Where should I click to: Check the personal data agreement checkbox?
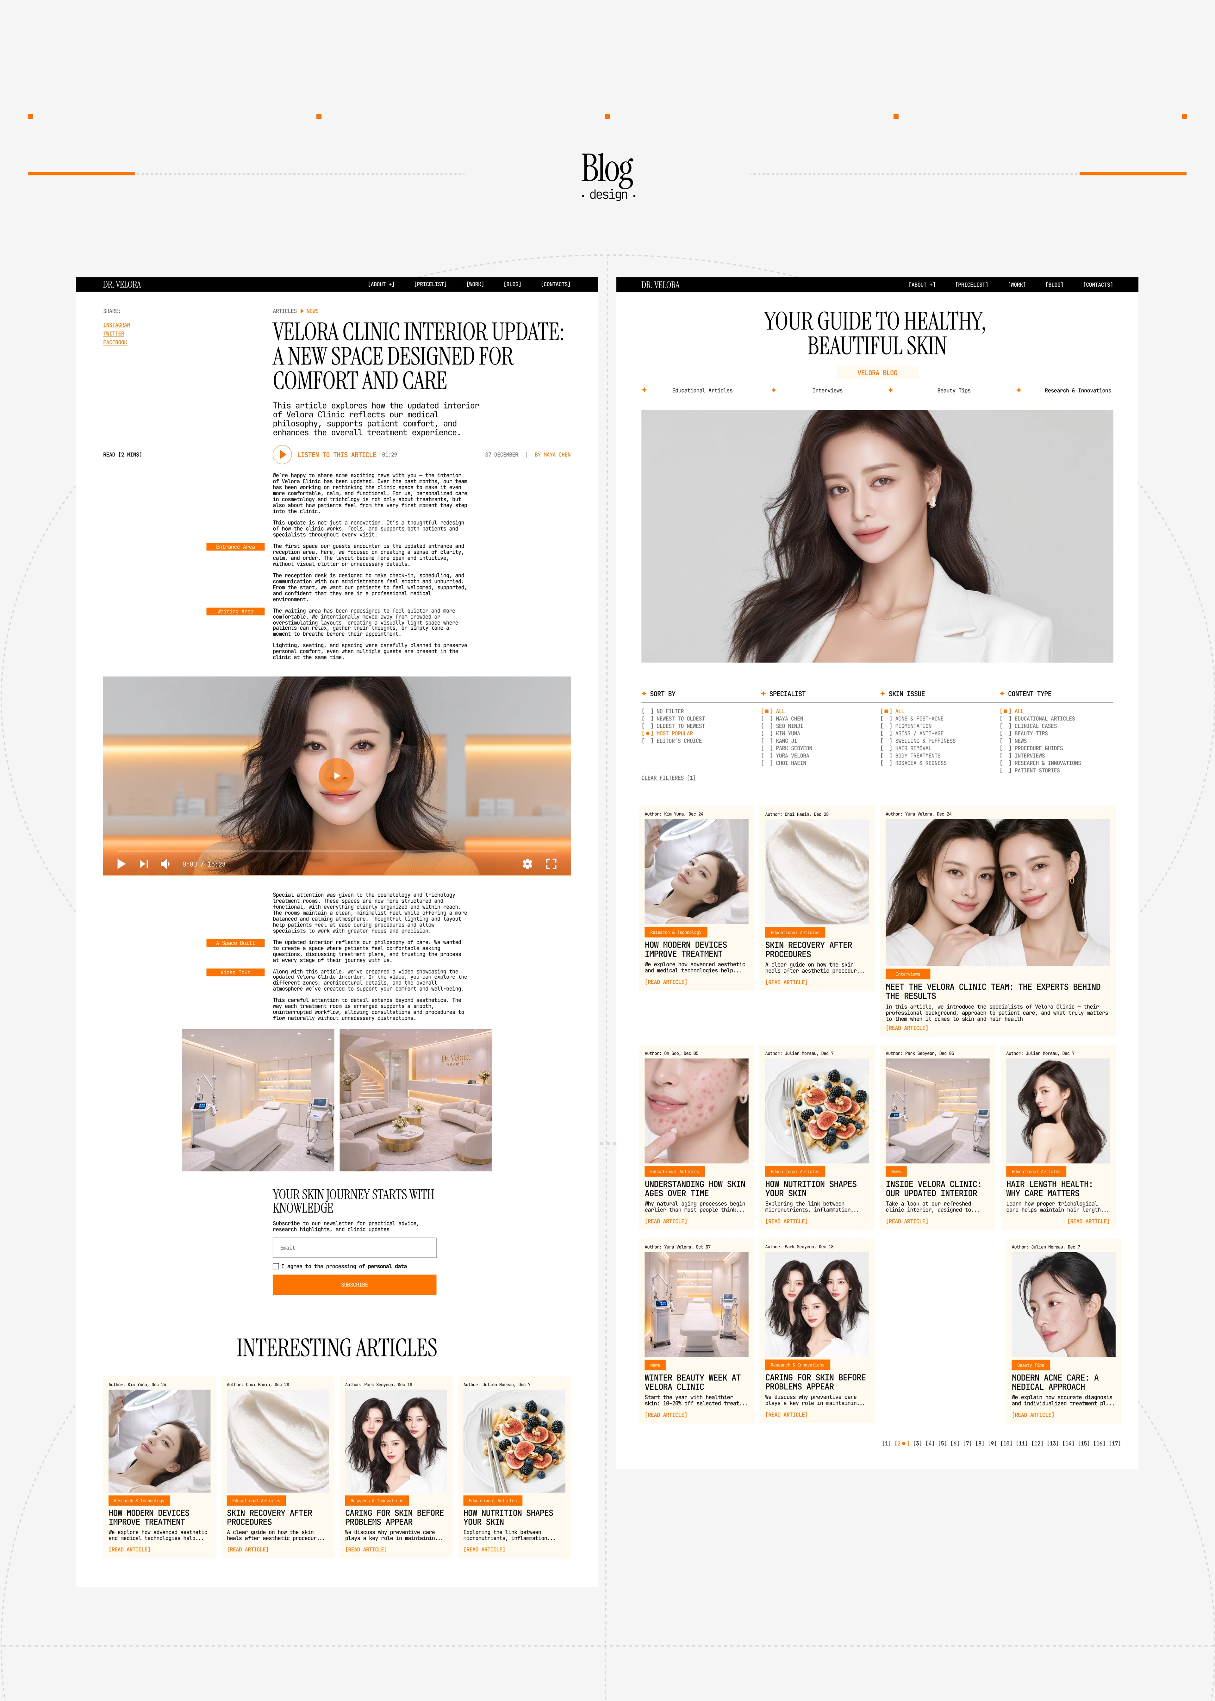tap(276, 1266)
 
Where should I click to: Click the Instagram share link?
tap(117, 325)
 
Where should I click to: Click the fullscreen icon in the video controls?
tap(551, 864)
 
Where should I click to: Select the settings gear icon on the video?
tap(527, 864)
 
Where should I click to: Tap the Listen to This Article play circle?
tap(282, 454)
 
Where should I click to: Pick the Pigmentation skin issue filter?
tap(913, 726)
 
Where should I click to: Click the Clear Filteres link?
tap(668, 778)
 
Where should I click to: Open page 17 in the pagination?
tap(1115, 1444)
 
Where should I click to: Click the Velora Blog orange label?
tap(877, 372)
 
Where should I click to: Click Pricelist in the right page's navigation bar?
tap(971, 285)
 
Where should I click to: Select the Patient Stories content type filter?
tap(1036, 770)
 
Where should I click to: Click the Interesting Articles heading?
tap(337, 1348)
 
